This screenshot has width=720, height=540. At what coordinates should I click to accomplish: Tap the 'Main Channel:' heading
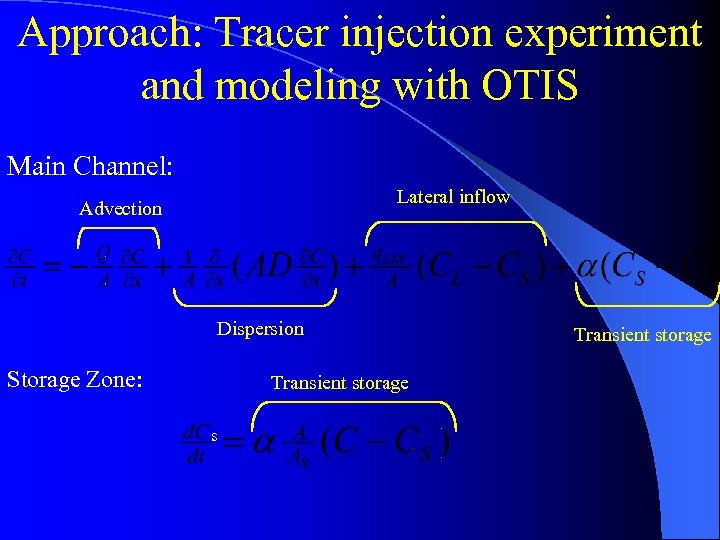tap(90, 165)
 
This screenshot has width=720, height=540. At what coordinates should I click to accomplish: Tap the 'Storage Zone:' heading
tap(74, 379)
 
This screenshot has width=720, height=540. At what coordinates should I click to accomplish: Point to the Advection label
tap(120, 209)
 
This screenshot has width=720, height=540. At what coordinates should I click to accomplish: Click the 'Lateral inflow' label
tap(453, 197)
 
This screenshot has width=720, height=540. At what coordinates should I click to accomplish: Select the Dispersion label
tap(260, 329)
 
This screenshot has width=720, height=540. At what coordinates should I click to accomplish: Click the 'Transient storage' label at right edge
tap(642, 335)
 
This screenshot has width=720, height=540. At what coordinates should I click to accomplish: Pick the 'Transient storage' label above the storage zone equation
tap(339, 383)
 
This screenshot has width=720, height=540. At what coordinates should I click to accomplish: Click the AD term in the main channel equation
tap(270, 267)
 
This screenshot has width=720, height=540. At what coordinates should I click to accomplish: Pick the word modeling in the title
tap(297, 85)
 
